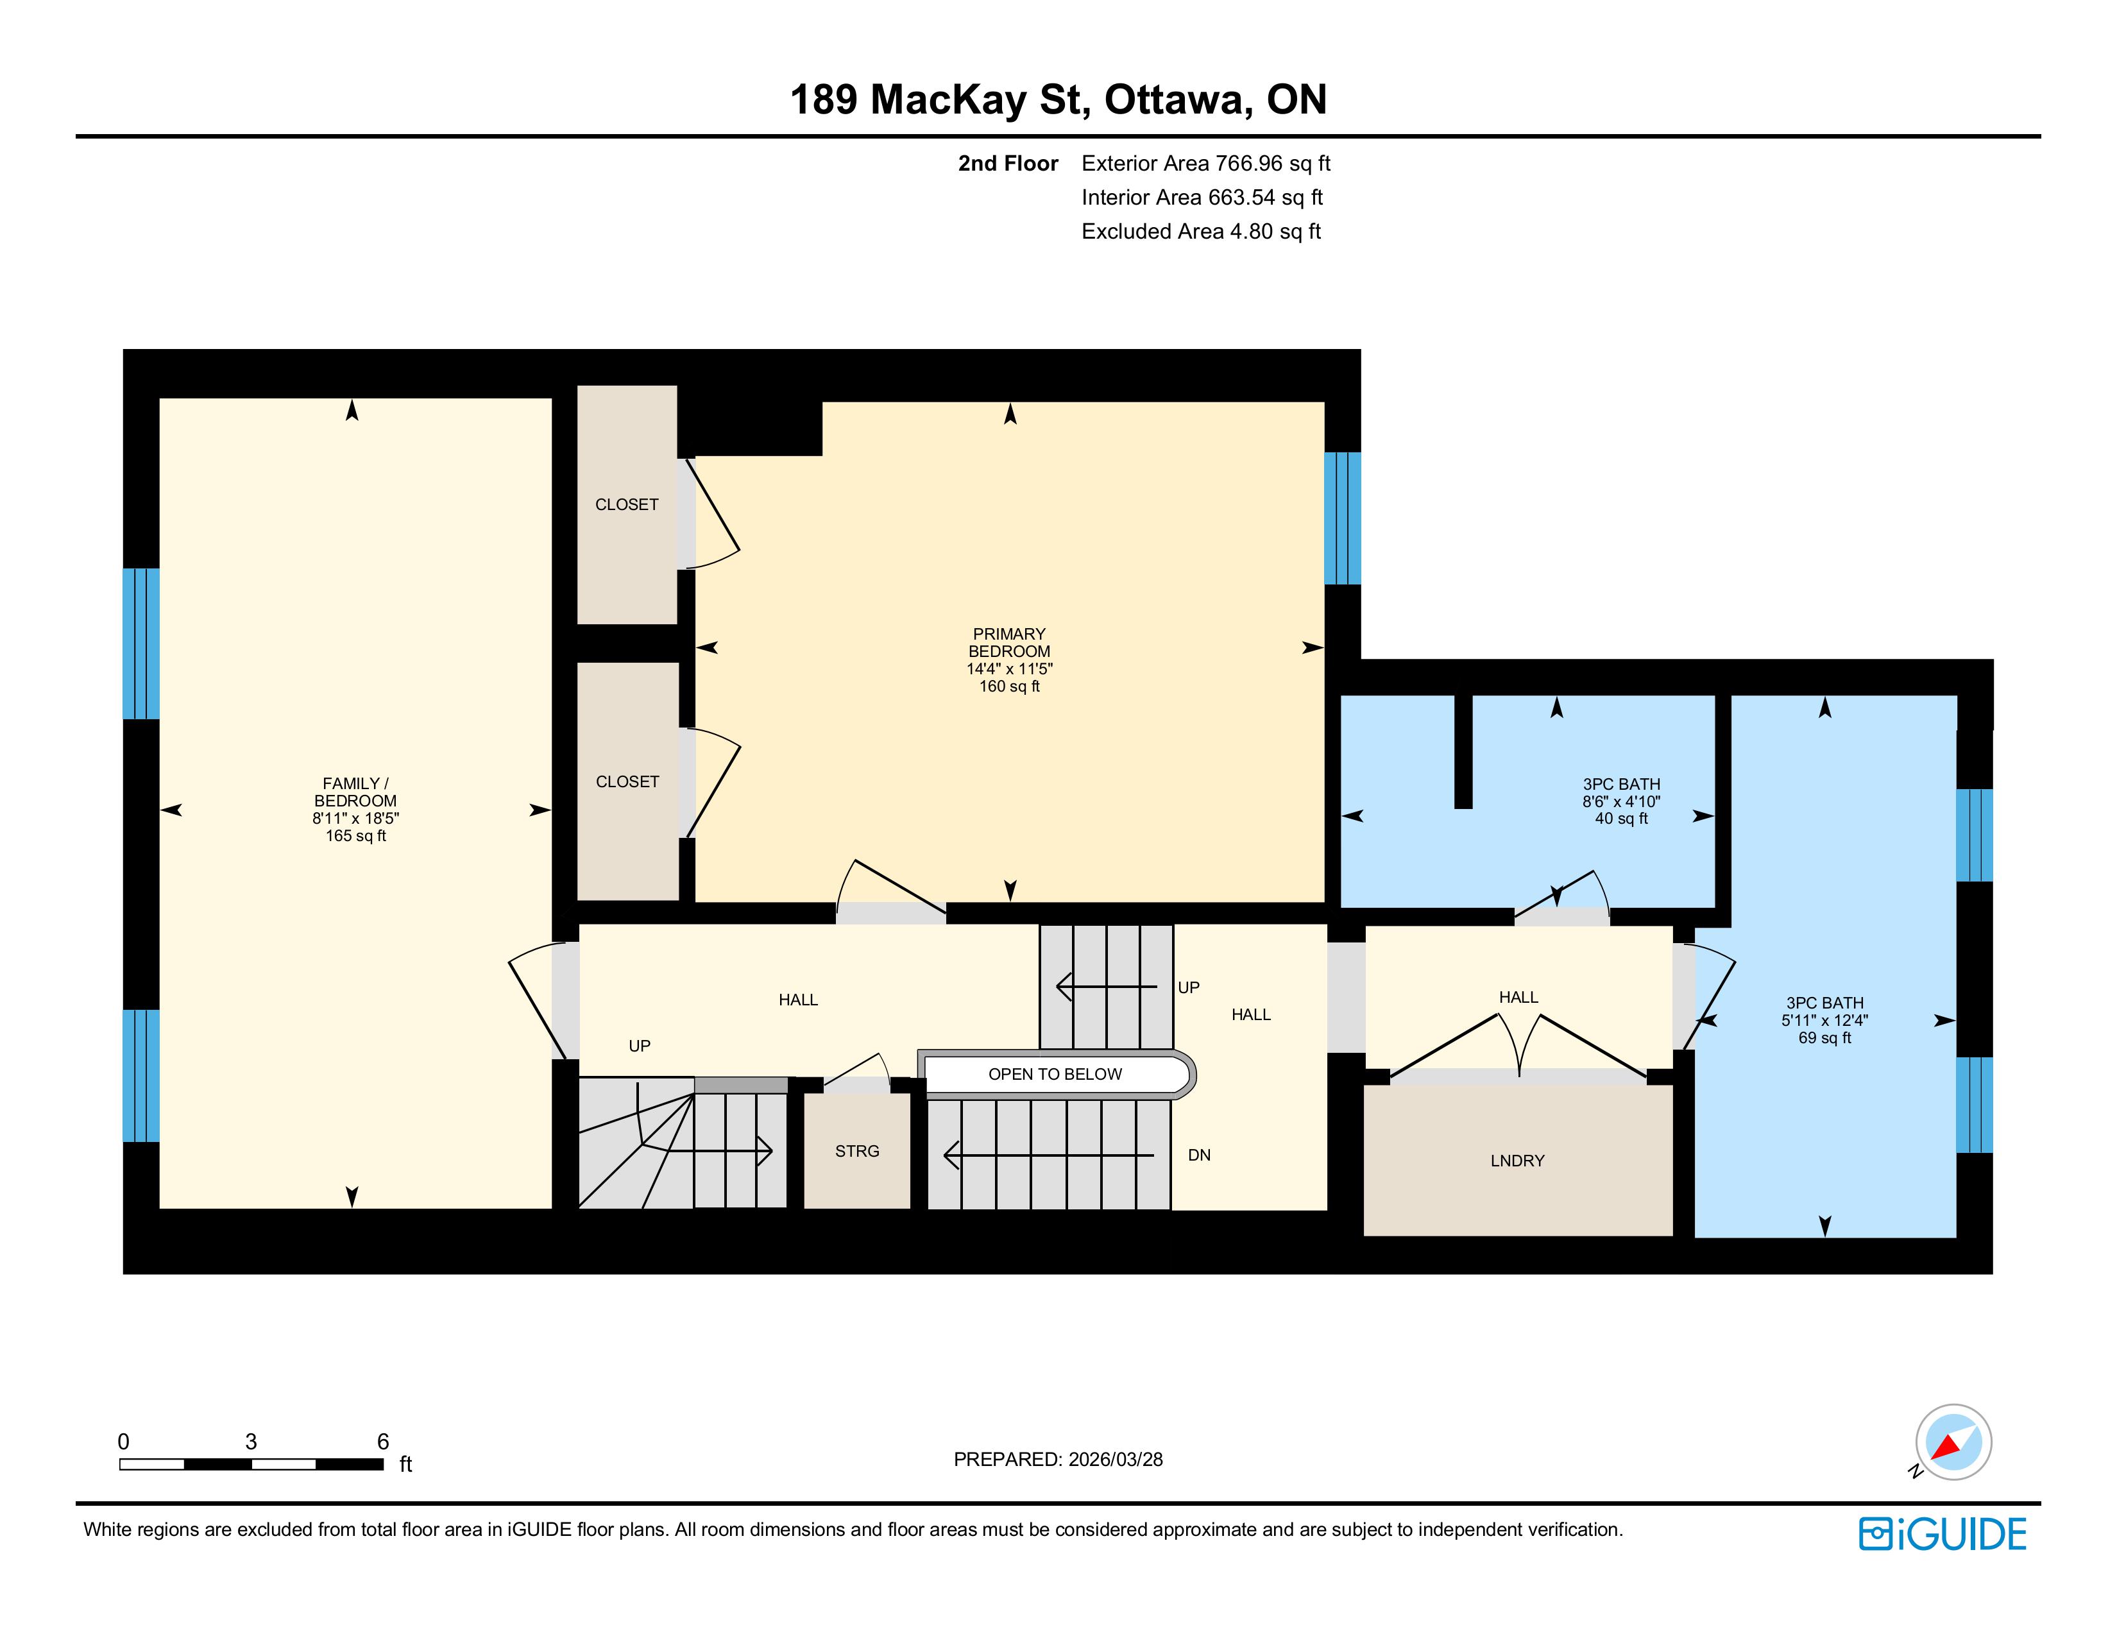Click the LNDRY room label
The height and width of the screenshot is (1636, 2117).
pyautogui.click(x=1517, y=1160)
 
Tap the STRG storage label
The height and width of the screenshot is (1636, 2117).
pyautogui.click(x=857, y=1150)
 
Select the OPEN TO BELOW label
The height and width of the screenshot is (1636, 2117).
pyautogui.click(x=1055, y=1074)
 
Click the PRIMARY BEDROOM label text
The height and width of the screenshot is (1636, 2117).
pyautogui.click(x=1009, y=643)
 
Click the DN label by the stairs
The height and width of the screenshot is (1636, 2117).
pyautogui.click(x=1199, y=1154)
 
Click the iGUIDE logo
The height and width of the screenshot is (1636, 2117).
pyautogui.click(x=1943, y=1534)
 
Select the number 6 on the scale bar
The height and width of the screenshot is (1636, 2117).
pyautogui.click(x=383, y=1441)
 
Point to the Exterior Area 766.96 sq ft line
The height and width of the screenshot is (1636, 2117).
pyautogui.click(x=1206, y=164)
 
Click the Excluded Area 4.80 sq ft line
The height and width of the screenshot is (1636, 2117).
pyautogui.click(x=1201, y=232)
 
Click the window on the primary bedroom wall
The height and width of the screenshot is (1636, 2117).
pyautogui.click(x=1343, y=518)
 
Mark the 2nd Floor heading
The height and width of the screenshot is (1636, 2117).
pyautogui.click(x=1008, y=164)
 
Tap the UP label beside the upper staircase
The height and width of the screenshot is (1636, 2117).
pyautogui.click(x=1188, y=987)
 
